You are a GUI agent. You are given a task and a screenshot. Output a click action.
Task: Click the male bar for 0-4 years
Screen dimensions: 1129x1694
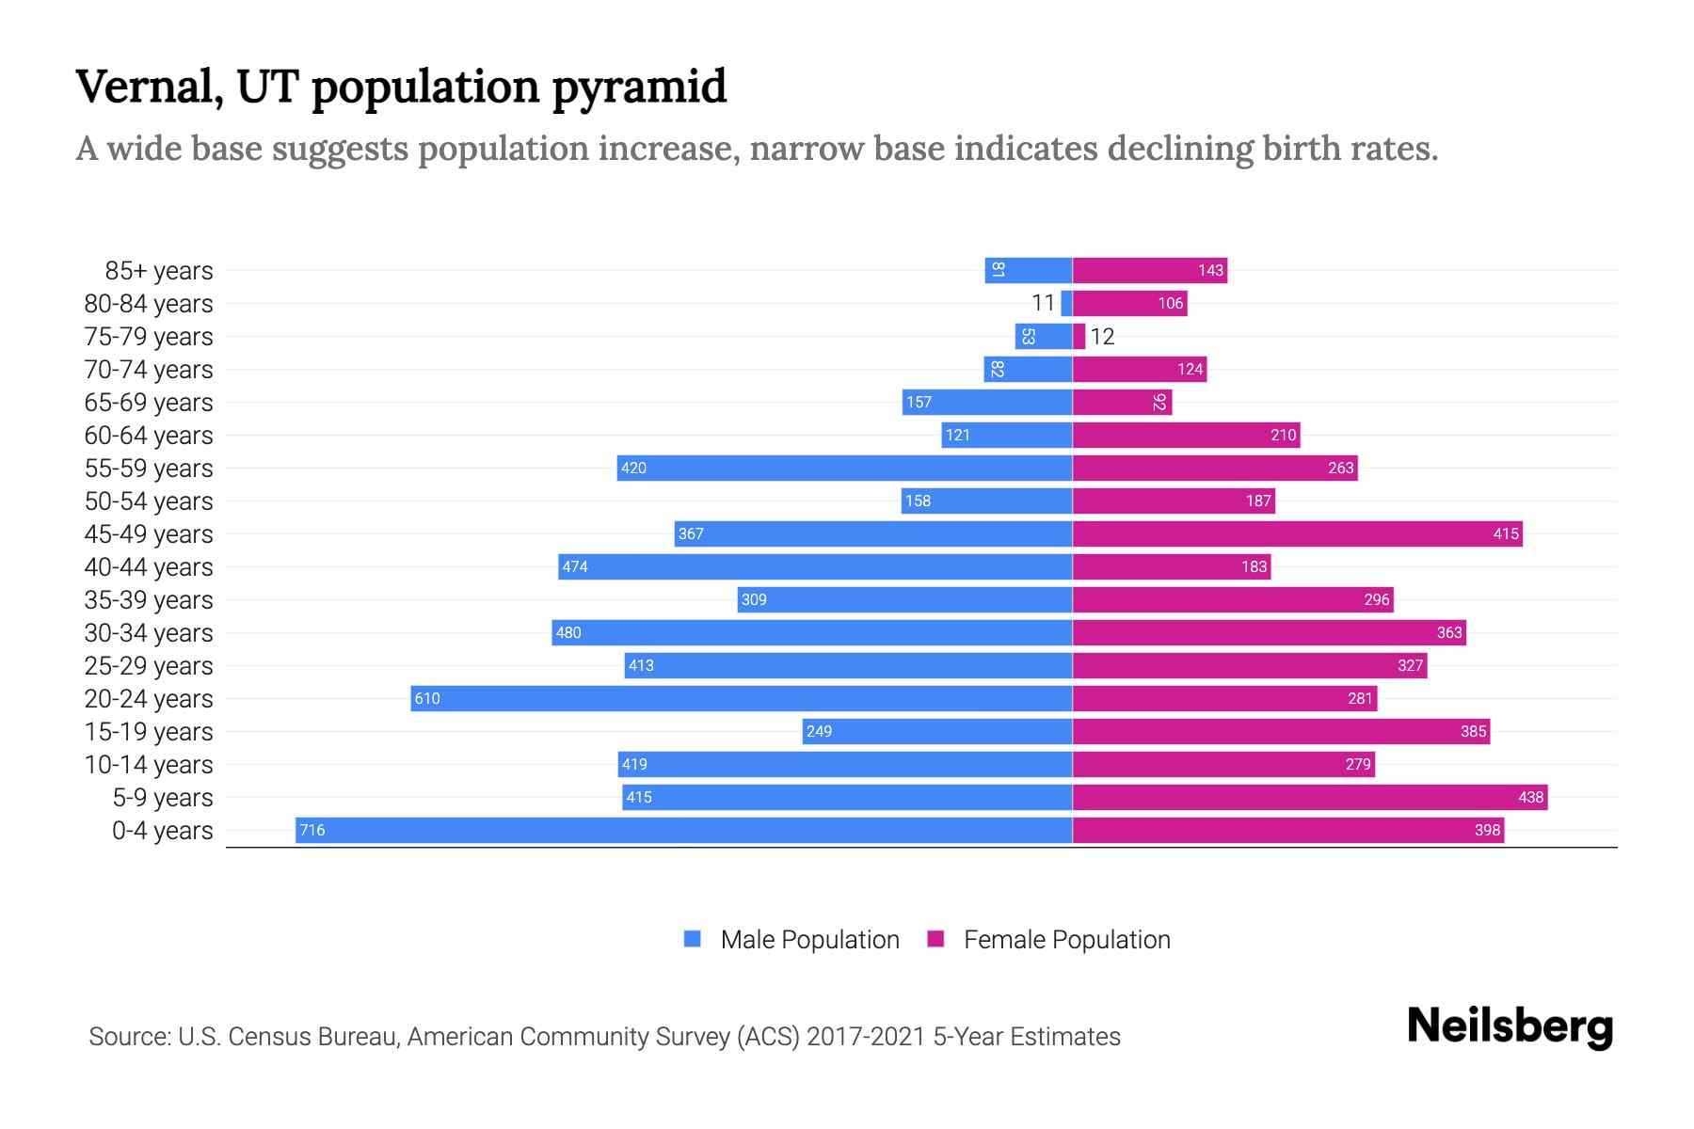684,830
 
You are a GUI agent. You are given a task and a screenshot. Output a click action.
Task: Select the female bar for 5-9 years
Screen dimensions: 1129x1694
1310,797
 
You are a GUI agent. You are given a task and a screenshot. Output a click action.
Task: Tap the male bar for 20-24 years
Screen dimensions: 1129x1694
742,698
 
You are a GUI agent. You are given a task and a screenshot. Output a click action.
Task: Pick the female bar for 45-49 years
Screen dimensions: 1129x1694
1298,533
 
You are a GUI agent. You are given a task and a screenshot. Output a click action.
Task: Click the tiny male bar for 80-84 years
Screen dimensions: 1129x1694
1067,303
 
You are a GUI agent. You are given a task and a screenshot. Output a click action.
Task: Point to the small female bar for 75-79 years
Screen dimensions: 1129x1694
1079,336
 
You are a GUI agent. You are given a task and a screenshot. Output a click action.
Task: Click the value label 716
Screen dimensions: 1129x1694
312,830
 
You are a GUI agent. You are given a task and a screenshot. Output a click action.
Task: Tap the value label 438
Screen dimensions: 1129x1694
1530,797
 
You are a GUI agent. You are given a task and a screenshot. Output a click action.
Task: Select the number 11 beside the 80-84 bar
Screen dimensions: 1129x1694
1043,303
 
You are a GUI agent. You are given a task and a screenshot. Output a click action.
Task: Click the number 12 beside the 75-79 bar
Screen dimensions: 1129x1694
1102,337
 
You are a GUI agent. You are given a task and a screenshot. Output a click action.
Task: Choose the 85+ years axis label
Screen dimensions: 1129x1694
159,271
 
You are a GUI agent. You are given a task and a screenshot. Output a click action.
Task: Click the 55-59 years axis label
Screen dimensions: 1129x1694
149,469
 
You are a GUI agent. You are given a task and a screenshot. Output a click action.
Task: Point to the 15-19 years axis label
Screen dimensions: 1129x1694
149,732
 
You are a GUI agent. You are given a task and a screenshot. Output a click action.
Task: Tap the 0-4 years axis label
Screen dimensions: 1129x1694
162,831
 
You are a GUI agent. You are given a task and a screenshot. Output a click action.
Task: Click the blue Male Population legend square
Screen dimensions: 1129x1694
693,939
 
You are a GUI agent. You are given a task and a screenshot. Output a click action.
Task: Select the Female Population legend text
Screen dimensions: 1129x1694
1066,939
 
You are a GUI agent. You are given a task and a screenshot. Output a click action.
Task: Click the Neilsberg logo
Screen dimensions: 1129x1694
1510,1026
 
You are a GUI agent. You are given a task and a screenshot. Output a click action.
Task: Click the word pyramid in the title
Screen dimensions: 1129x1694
638,87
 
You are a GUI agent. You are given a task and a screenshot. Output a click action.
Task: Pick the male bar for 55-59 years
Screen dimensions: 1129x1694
845,468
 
